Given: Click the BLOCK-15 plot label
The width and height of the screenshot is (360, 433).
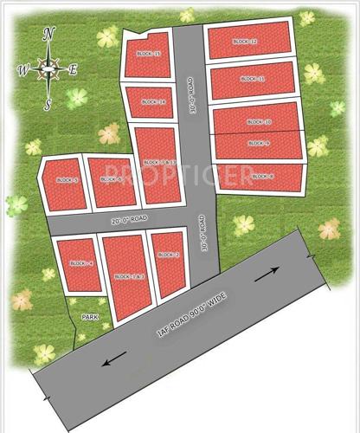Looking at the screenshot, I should pos(150,54).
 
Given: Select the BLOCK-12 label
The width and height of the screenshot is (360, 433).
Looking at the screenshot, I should pos(246,42).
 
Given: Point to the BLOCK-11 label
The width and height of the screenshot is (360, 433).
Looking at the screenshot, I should pos(253,79).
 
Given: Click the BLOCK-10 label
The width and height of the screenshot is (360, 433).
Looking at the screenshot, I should pos(259,122).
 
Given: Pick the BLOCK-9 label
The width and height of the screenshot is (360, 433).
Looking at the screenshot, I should pos(259,143).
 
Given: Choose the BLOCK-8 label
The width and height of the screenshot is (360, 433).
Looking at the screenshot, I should pos(262,177).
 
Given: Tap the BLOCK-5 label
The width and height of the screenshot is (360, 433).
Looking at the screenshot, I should pos(67,180).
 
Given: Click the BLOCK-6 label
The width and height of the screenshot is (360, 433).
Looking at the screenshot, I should pos(112,179).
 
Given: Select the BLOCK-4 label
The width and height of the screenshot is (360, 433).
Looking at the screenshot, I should pos(80,262).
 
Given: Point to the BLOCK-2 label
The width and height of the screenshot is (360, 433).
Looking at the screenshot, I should pos(168,255).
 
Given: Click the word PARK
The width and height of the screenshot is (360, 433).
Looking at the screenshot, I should pos(90,317).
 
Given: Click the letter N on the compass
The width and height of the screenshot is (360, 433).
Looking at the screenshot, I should pos(48,34).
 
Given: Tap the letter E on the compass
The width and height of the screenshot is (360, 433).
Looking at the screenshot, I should pos(73,70).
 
